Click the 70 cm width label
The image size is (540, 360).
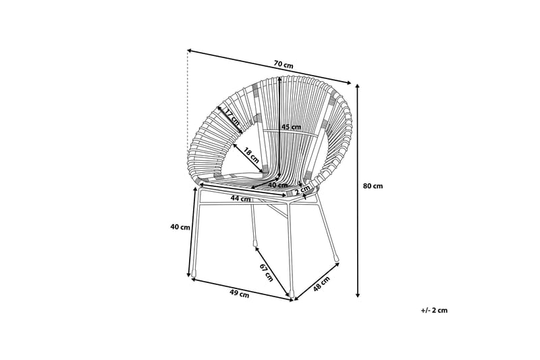tap(283, 66)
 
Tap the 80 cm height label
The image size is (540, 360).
tap(373, 186)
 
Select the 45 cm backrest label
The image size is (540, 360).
tap(291, 127)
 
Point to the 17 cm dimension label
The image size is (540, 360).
tap(232, 118)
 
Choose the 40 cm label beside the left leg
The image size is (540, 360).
tap(180, 227)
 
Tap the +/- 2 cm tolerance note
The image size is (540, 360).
tap(434, 310)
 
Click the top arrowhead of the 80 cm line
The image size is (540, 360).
tap(357, 84)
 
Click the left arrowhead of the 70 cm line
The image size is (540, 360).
tap(190, 51)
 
